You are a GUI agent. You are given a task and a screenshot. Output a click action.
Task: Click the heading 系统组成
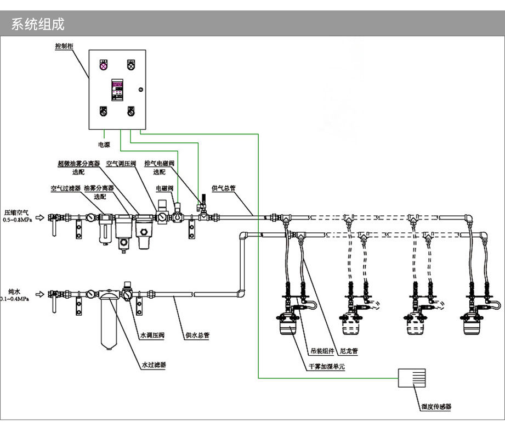pos(38,25)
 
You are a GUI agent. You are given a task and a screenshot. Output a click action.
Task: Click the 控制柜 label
pos(64,47)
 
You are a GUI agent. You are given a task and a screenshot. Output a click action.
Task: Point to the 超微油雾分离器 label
pos(79,163)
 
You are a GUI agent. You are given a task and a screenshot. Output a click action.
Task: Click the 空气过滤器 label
pos(66,188)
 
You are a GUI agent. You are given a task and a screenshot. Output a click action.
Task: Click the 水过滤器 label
pos(154,365)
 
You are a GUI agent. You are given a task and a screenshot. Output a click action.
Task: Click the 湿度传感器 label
pos(436,407)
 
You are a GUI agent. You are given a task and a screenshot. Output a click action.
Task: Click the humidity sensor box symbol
pos(412,378)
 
